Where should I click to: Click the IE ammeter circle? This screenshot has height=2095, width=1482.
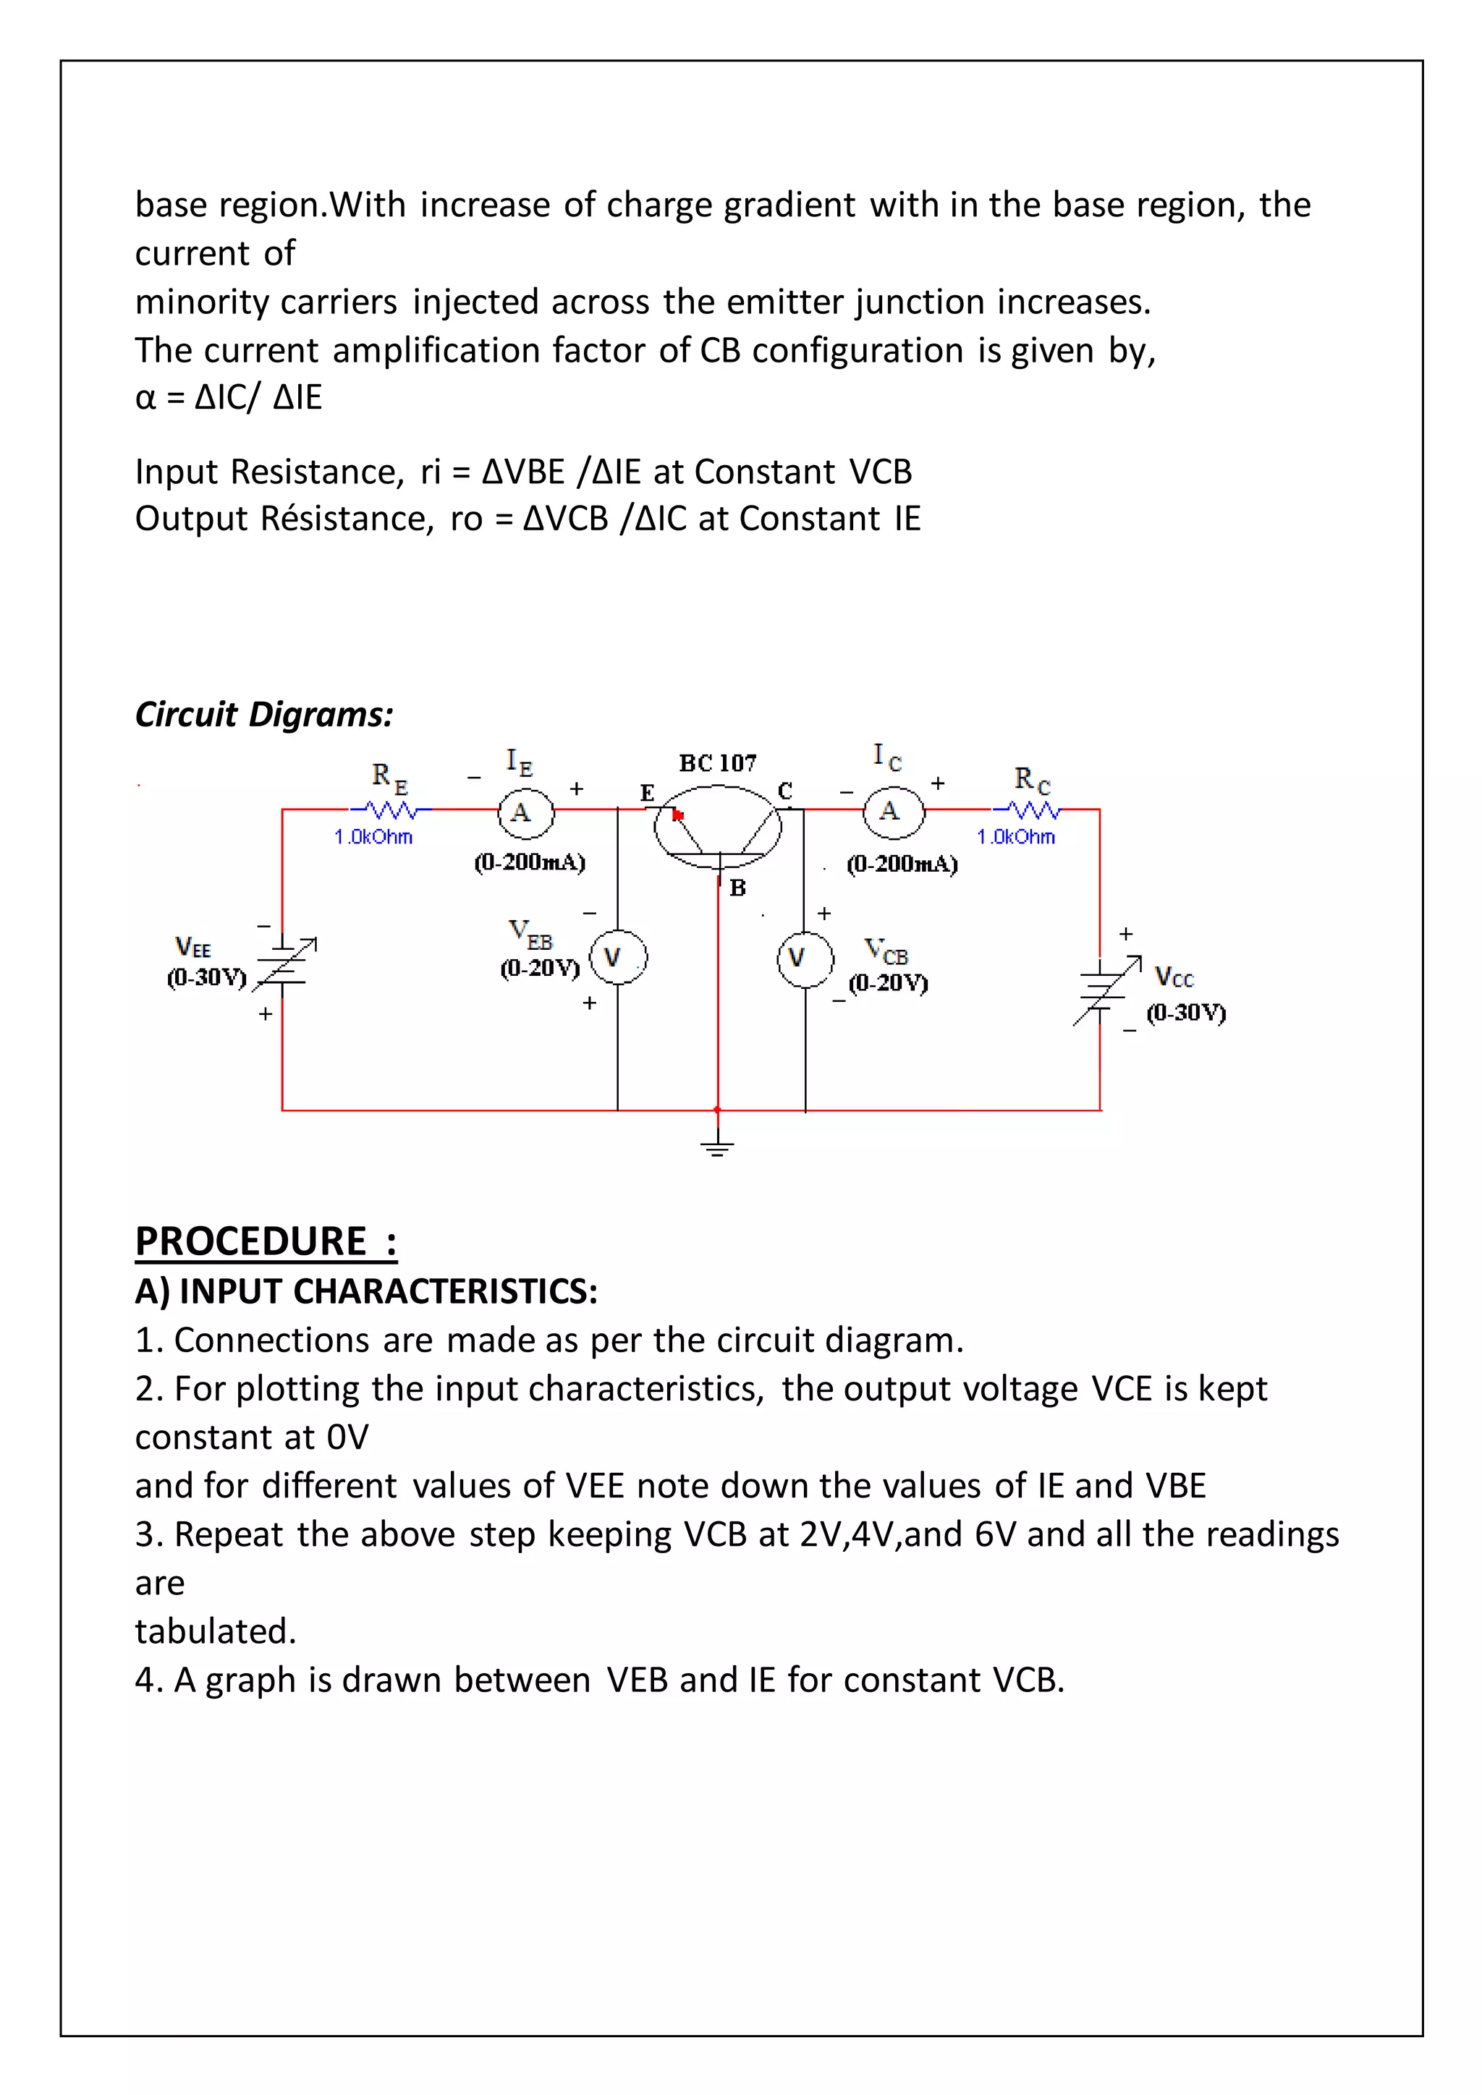tap(525, 812)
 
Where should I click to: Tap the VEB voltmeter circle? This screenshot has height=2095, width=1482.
tap(618, 957)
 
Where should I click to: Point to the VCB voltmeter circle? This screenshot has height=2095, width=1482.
tap(804, 959)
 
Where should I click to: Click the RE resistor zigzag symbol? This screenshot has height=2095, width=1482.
tap(391, 809)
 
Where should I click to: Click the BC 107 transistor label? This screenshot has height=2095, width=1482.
tap(717, 762)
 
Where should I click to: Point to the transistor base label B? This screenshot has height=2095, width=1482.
tap(737, 888)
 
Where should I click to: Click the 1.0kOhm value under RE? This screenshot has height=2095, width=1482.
tap(373, 837)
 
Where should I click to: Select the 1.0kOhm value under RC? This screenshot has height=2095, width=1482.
tap(1016, 837)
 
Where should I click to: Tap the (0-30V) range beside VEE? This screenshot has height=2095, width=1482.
tap(206, 978)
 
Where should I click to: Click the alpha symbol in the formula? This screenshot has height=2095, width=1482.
tap(145, 399)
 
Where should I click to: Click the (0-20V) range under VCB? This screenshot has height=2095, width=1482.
tap(888, 984)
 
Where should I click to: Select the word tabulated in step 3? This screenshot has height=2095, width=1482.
tap(216, 1631)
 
